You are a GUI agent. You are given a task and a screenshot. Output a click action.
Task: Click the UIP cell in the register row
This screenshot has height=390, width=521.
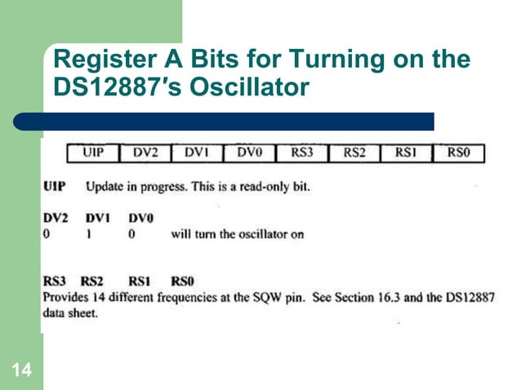click(93, 153)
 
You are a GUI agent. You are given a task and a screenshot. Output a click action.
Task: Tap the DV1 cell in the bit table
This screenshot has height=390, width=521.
click(198, 153)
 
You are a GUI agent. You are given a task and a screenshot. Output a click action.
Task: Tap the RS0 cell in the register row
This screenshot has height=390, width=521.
click(458, 153)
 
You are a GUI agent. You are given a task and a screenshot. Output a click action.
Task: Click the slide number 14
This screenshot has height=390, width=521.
click(21, 372)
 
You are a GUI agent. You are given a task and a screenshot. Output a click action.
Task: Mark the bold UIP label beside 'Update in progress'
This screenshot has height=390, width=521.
click(56, 186)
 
